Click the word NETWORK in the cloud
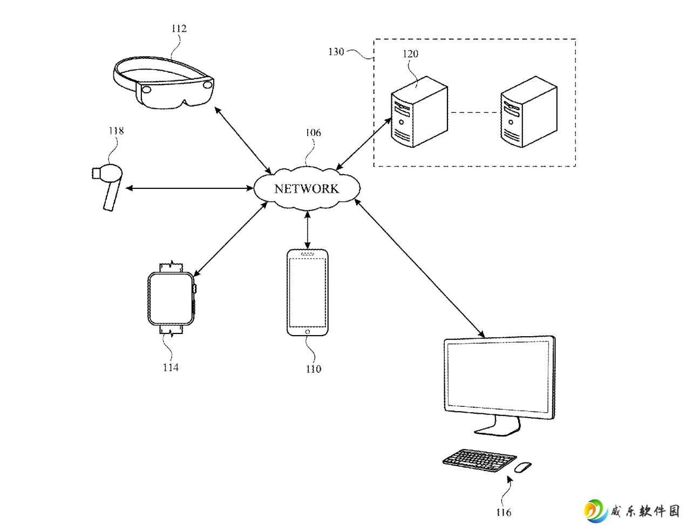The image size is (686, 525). (x=307, y=189)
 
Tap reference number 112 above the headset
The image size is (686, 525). (x=179, y=29)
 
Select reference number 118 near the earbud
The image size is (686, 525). (x=116, y=131)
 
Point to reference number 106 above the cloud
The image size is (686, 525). (x=313, y=133)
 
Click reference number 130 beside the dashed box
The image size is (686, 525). (x=336, y=52)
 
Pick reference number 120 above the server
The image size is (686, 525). (x=410, y=54)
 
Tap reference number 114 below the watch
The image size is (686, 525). (x=171, y=367)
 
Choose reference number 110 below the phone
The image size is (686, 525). (x=314, y=369)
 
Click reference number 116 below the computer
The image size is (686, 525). (x=503, y=512)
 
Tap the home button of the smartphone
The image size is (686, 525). (x=308, y=332)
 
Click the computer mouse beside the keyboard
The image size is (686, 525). (x=523, y=467)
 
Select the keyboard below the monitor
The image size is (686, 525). (x=479, y=460)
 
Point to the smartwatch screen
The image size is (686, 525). (x=171, y=298)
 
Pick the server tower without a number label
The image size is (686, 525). (x=529, y=112)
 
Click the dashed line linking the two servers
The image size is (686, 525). (x=474, y=112)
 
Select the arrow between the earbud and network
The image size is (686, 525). (x=189, y=188)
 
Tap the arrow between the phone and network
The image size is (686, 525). (x=308, y=230)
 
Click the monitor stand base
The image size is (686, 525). (x=497, y=430)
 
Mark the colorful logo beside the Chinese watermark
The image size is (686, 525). (x=596, y=511)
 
